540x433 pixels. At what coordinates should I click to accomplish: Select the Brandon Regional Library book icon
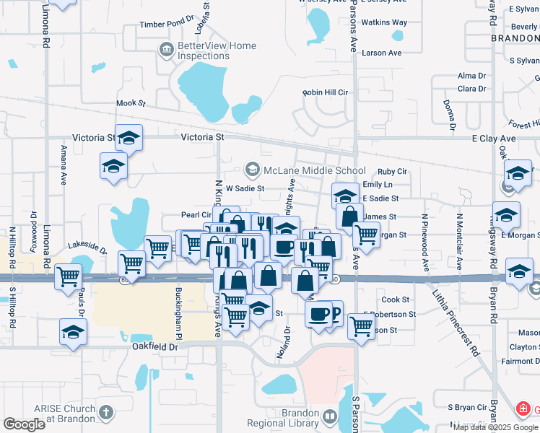click(330, 417)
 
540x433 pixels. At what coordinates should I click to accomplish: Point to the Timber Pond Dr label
click(167, 25)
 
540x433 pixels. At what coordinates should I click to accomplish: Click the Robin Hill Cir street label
click(325, 93)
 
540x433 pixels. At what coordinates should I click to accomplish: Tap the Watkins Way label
click(384, 23)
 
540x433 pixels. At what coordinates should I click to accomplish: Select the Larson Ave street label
click(382, 53)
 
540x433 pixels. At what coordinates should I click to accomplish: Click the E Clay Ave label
click(494, 138)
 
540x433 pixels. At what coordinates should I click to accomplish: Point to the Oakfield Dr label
click(155, 347)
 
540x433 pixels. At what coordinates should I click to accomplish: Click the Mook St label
click(131, 104)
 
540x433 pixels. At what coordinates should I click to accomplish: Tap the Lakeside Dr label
click(87, 248)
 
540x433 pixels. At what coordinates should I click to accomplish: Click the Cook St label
click(396, 299)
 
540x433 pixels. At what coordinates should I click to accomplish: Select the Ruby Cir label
click(393, 172)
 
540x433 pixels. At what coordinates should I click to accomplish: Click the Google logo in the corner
click(25, 424)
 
